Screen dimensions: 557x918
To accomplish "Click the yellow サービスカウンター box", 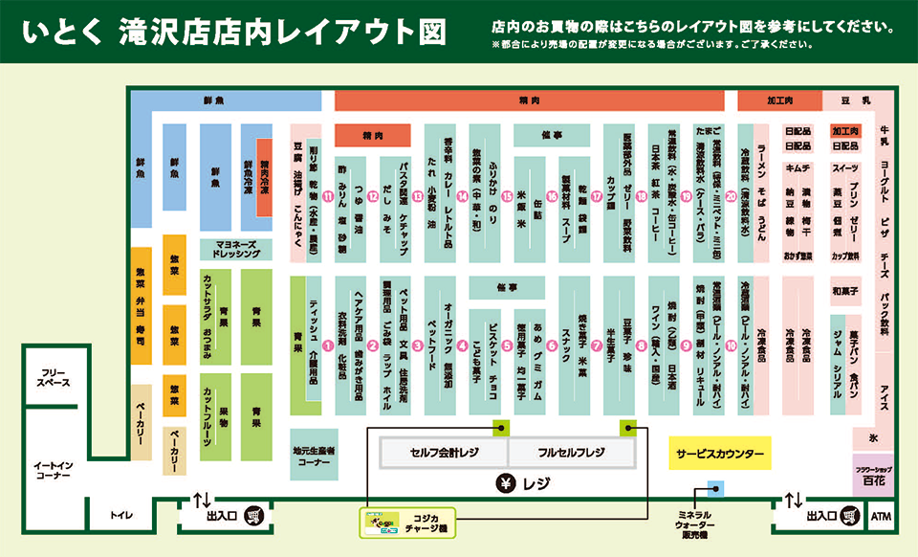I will (x=720, y=454).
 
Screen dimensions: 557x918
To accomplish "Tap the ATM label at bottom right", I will (x=881, y=517).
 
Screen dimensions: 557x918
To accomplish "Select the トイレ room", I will (x=121, y=516).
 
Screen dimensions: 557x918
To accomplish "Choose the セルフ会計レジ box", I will (x=444, y=452).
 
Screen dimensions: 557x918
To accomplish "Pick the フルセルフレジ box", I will (x=572, y=452).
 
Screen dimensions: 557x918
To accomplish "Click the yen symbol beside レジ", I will (x=500, y=483).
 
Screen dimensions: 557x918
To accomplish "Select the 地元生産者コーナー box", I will (x=314, y=454).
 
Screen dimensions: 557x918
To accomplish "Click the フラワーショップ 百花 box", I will (x=874, y=477).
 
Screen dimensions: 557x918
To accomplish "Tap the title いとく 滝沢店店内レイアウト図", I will (x=235, y=31).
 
